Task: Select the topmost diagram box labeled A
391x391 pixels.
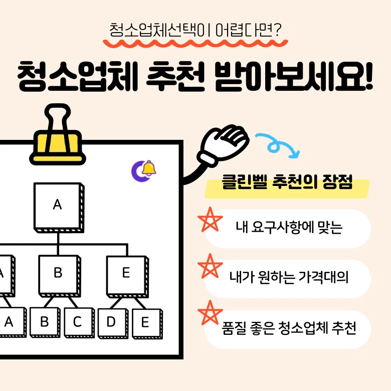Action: [x=57, y=205]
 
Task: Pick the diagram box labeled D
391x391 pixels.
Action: [x=111, y=322]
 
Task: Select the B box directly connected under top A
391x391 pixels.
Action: [x=58, y=274]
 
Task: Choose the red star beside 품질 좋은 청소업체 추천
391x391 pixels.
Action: [x=210, y=313]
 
